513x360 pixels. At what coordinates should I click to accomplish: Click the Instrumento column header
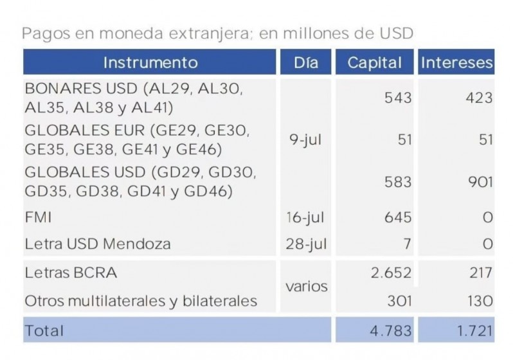[150, 62]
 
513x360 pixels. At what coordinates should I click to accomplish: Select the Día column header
[306, 62]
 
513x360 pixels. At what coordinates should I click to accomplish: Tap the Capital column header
[374, 62]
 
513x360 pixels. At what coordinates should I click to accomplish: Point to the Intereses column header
[457, 62]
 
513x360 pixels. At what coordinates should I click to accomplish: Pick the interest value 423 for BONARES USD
[480, 98]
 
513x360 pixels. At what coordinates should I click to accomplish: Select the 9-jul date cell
[305, 141]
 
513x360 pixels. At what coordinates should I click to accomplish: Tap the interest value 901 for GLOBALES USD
[480, 182]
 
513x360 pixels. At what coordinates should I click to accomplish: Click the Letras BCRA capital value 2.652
[390, 273]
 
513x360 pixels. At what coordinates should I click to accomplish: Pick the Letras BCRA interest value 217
[482, 273]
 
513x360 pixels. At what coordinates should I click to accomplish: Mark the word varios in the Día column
[306, 287]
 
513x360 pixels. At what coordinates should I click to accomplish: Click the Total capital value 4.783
[390, 331]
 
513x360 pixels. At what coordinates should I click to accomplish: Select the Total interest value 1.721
[474, 331]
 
